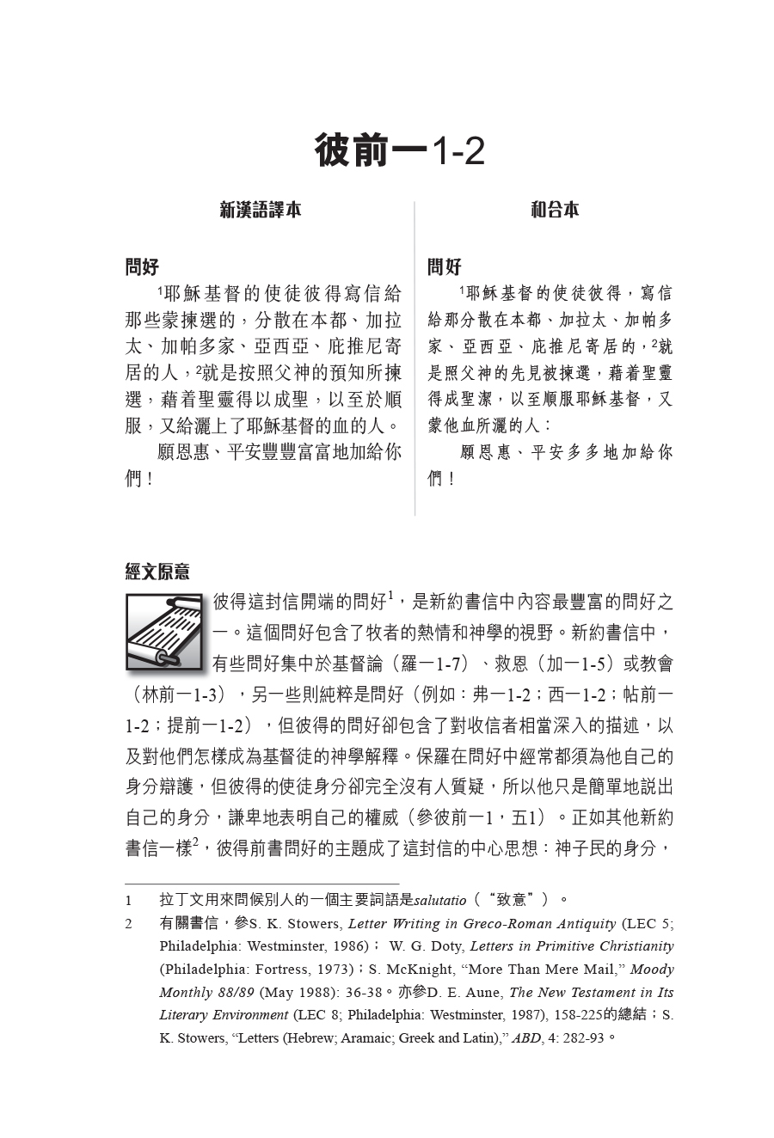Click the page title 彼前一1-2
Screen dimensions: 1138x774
click(399, 151)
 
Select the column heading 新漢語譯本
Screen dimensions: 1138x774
click(261, 210)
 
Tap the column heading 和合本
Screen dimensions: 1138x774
click(555, 210)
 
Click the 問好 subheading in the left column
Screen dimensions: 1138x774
click(143, 266)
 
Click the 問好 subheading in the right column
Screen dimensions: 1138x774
click(445, 266)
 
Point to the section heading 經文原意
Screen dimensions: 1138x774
click(157, 572)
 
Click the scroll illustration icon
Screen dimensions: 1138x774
click(163, 632)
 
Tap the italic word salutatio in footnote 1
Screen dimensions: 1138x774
click(440, 900)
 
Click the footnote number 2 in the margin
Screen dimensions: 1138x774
click(129, 924)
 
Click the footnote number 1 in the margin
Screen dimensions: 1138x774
click(129, 900)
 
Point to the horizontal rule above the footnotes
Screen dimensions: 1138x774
click(261, 883)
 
